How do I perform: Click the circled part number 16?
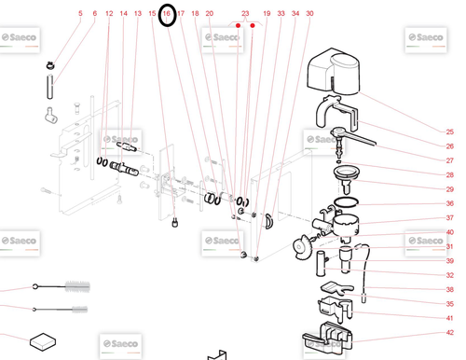[x=167, y=13]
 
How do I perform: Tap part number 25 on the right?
[x=449, y=132]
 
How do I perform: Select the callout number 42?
[x=449, y=332]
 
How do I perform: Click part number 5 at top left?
[x=80, y=13]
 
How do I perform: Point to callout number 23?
[x=245, y=13]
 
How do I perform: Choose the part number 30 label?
[x=309, y=13]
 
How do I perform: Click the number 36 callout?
[x=449, y=203]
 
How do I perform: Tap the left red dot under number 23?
[x=238, y=25]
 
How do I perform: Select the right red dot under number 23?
[x=253, y=25]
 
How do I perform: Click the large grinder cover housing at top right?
[x=334, y=71]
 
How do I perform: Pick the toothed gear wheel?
[x=301, y=247]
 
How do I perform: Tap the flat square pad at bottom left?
[x=43, y=341]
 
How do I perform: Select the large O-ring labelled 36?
[x=346, y=202]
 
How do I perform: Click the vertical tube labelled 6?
[x=49, y=87]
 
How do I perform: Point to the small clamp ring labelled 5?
[x=49, y=65]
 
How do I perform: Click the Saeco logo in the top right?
[x=426, y=39]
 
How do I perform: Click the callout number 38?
[x=449, y=289]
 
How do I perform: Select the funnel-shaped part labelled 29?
[x=346, y=179]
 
